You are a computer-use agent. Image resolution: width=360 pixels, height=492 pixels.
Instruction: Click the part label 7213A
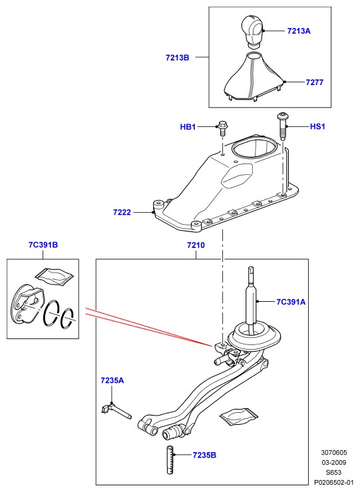[298, 31]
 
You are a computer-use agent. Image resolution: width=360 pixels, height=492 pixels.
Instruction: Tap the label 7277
[314, 82]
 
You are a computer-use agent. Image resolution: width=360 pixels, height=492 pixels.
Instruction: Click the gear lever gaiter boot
[254, 77]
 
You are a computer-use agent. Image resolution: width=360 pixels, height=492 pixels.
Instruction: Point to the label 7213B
[178, 58]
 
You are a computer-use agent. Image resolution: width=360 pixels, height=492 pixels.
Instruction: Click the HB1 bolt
[222, 128]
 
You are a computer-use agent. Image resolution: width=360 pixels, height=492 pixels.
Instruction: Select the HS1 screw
[281, 127]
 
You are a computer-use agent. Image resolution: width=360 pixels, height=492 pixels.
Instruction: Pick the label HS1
[317, 126]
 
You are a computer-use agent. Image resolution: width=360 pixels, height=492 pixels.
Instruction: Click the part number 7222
[122, 213]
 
